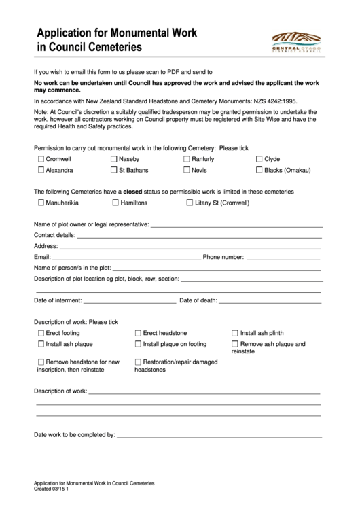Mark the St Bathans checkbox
(114, 170)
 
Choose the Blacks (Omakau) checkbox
(259, 170)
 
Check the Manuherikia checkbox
(41, 203)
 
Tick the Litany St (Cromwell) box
(190, 203)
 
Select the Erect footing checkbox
(41, 333)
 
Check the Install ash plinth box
(235, 333)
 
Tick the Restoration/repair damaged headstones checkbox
(139, 362)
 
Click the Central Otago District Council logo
(297, 40)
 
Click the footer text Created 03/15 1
(56, 487)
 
